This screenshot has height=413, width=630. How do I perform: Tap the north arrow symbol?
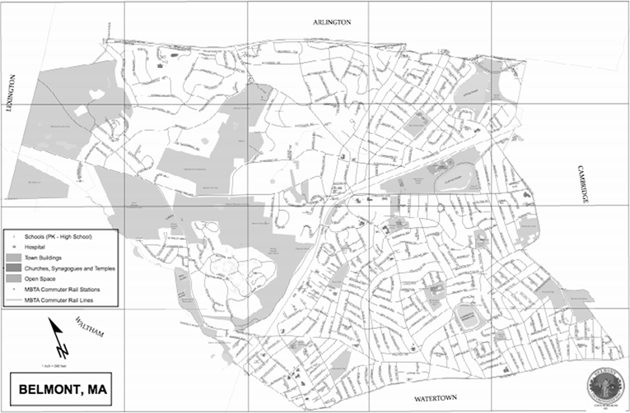(56, 337)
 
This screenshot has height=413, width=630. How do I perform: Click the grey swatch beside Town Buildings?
(14, 258)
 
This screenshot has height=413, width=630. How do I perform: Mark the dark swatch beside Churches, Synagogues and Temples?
(14, 268)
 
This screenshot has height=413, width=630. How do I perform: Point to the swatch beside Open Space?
(14, 279)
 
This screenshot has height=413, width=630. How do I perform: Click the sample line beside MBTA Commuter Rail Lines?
(14, 300)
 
